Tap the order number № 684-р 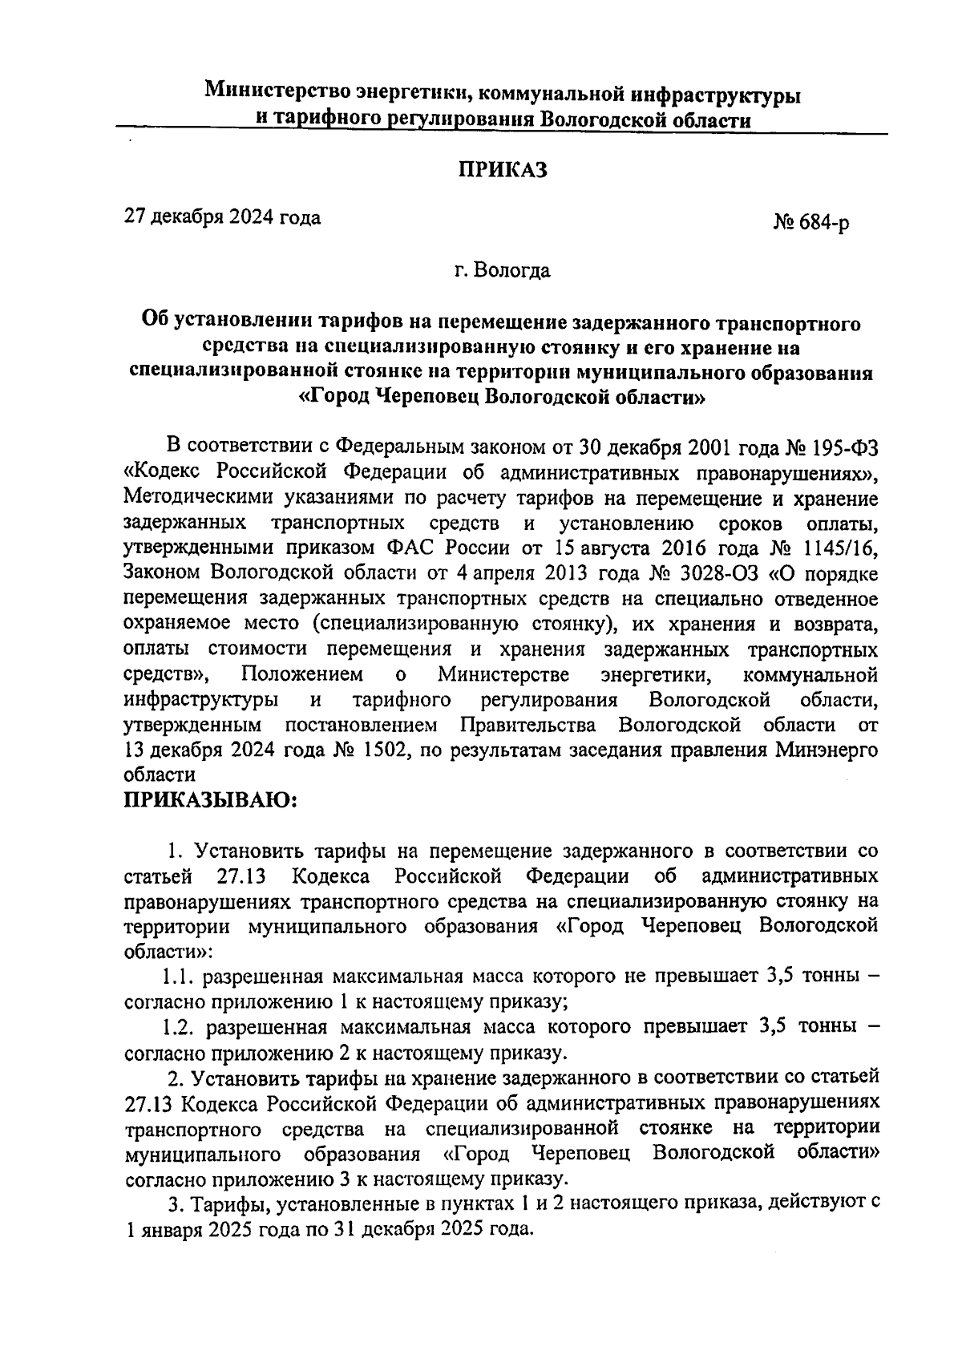coord(810,224)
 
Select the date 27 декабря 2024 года coord(222,217)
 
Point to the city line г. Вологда coord(503,270)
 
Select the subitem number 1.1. coord(179,977)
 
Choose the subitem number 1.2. coord(180,1027)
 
